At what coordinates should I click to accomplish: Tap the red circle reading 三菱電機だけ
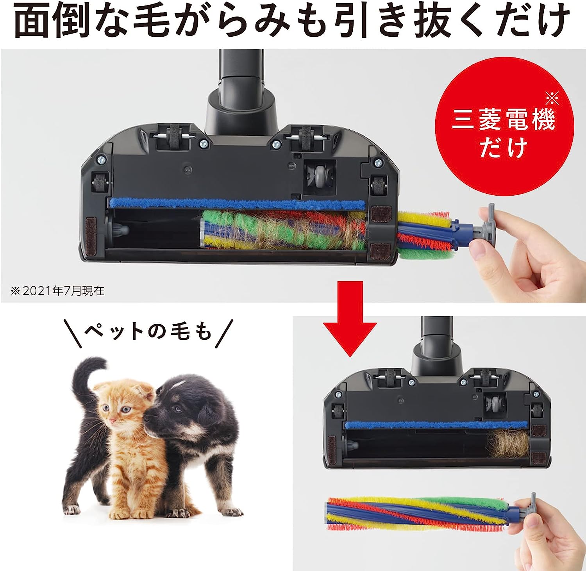click(504, 121)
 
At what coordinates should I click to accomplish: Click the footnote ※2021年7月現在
click(58, 291)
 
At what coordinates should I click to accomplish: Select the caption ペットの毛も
click(149, 332)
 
